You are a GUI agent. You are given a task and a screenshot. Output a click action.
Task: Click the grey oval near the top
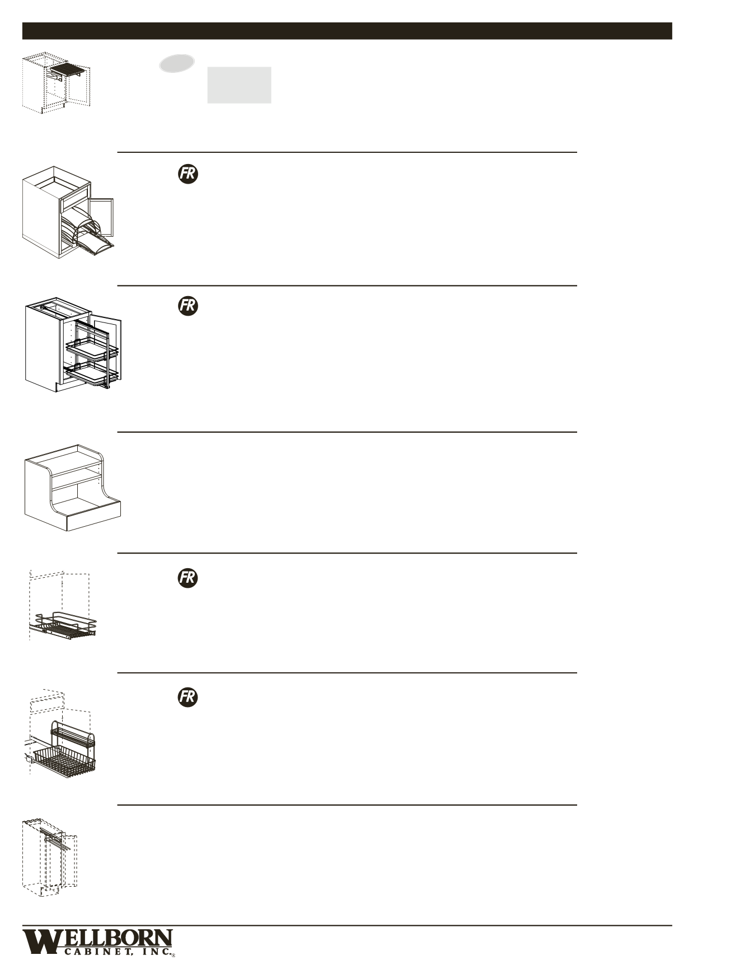(177, 63)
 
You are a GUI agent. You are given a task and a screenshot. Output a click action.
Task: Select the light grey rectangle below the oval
(239, 85)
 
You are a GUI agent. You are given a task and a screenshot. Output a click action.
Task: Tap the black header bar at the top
(347, 31)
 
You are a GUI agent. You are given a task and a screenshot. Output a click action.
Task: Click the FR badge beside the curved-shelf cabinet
(188, 174)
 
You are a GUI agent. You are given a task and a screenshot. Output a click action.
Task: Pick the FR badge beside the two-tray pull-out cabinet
(188, 306)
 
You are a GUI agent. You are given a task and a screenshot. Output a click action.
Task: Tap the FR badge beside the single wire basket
(188, 578)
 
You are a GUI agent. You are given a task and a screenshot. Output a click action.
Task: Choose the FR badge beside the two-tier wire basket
(188, 697)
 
